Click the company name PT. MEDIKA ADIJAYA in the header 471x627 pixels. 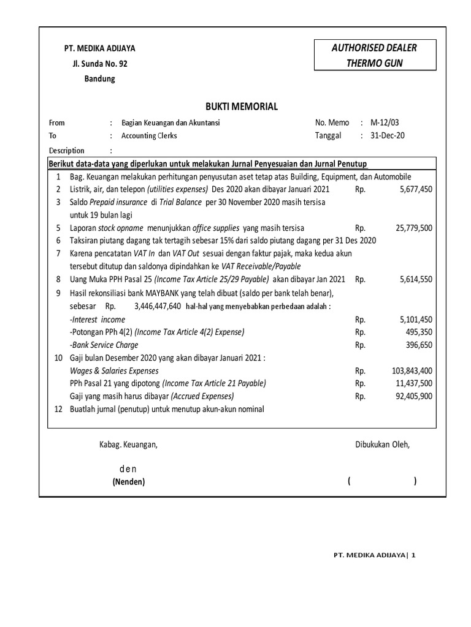pos(101,48)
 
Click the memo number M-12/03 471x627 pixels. pos(384,122)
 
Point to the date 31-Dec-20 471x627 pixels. pos(388,135)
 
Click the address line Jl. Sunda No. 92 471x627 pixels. pos(101,64)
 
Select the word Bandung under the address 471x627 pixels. pos(99,78)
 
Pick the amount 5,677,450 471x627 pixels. pos(415,189)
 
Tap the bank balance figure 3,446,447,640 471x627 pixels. pos(157,306)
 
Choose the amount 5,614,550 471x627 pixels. pos(415,279)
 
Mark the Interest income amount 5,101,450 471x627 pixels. pos(415,319)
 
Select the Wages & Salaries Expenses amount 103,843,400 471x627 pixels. pos(412,370)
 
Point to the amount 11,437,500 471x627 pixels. pos(413,383)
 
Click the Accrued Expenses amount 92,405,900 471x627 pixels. pos(413,396)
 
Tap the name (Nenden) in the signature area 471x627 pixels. pos(128,482)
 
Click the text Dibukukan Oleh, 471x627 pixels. pos(382,445)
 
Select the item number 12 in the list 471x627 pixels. pos(58,409)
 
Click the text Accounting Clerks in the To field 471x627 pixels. pos(149,135)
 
